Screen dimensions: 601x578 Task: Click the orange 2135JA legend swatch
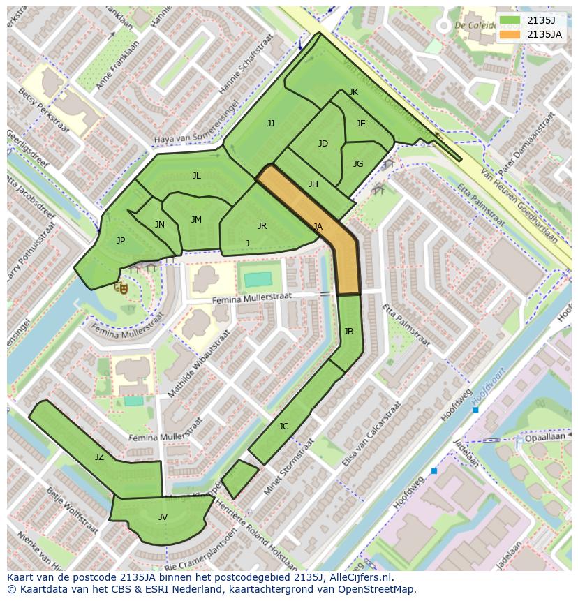pos(510,34)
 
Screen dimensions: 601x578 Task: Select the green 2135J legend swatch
pos(510,20)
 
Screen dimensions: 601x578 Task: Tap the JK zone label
pos(353,92)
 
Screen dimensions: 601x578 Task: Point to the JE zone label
pos(361,124)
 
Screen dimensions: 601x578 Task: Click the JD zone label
pos(323,144)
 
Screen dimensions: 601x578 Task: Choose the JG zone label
pos(358,164)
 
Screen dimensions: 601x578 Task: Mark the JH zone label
pos(313,184)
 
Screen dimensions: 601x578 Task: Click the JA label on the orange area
pos(318,226)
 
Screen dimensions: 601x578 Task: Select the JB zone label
pos(348,331)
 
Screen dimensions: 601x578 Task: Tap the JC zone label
pos(283,426)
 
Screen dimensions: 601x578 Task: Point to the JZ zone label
pos(99,457)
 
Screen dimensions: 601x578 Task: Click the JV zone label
pos(163,517)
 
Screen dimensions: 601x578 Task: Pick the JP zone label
pos(121,241)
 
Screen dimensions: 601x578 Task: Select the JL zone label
pos(196,176)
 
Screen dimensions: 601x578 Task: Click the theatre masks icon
pos(122,286)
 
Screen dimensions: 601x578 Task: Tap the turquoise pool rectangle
pos(258,279)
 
